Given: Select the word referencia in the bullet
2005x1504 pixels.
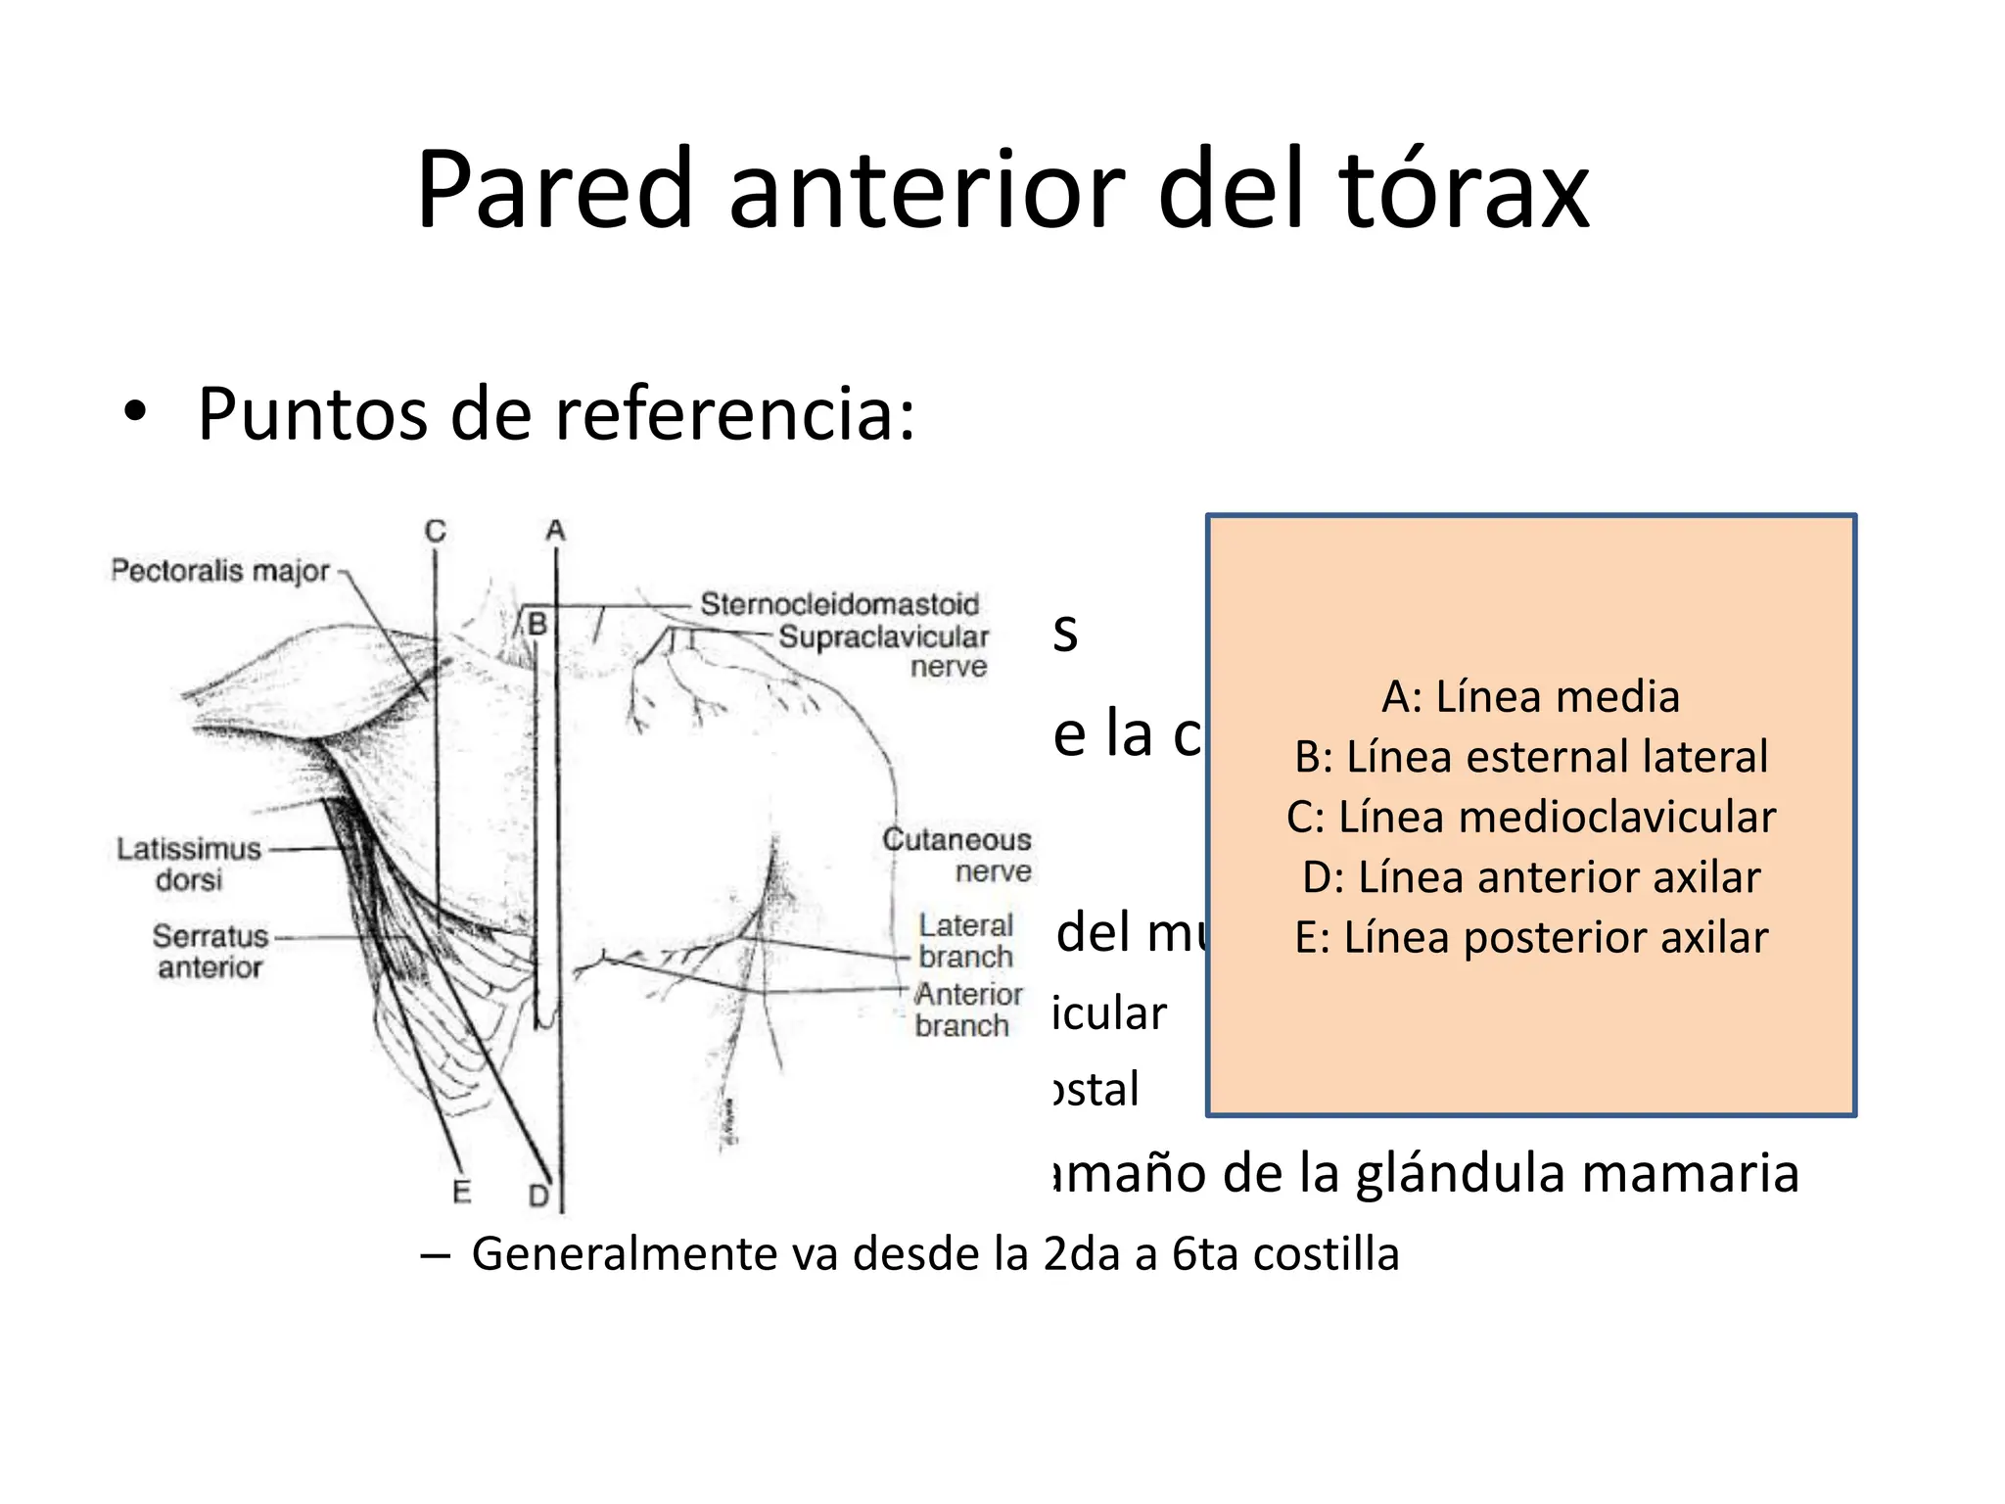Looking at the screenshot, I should click(724, 414).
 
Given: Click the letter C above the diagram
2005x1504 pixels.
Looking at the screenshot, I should click(436, 531).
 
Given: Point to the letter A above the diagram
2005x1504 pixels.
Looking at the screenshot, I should click(555, 531).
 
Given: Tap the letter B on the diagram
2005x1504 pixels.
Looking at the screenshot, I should click(536, 624).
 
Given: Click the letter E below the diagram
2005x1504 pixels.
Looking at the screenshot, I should click(462, 1192).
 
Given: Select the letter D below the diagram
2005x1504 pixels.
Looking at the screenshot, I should click(539, 1196).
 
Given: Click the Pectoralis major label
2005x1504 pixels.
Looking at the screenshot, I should click(220, 570).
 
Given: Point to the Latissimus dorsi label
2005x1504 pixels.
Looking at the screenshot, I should click(189, 864).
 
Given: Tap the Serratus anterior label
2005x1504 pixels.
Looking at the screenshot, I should click(210, 951).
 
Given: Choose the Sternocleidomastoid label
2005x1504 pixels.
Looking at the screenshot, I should click(839, 604).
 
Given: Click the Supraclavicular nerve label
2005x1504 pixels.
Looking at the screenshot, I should click(883, 651).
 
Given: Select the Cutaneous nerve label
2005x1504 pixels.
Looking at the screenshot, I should click(957, 855).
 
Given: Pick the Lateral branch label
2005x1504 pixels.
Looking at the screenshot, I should click(965, 940).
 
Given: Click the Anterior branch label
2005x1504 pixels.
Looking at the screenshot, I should click(967, 1010).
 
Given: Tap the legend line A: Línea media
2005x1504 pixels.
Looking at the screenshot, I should click(1530, 697).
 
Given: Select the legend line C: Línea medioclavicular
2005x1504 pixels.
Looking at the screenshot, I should click(1530, 818).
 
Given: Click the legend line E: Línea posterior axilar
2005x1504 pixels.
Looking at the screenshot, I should click(1530, 938).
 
